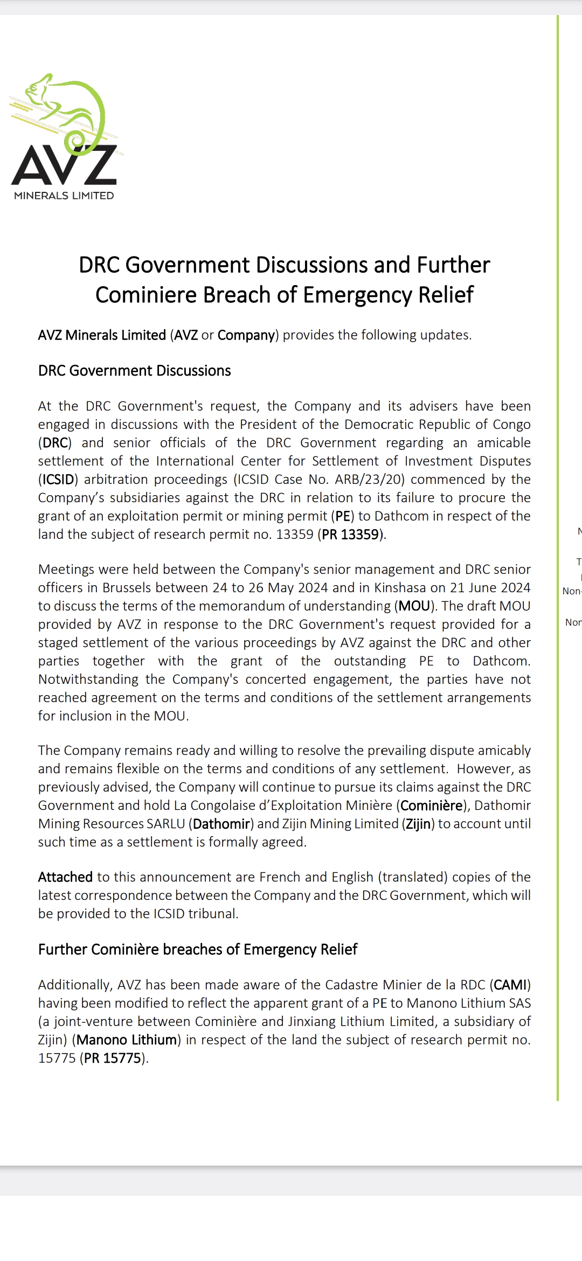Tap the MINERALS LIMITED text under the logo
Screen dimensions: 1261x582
[x=64, y=196]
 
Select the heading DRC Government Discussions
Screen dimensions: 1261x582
[x=134, y=371]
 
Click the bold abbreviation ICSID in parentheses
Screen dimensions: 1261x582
[x=58, y=480]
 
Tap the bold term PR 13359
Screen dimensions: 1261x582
[x=351, y=535]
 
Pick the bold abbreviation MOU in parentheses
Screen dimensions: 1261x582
[x=414, y=606]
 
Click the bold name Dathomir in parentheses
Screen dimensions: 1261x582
[x=221, y=824]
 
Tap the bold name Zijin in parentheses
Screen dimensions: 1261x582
[x=418, y=824]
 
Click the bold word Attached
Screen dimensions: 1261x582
[x=65, y=877]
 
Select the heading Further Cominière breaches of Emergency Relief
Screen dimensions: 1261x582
[x=197, y=950]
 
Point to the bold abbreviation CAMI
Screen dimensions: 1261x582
[x=510, y=985]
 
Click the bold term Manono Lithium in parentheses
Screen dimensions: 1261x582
[x=127, y=1040]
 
